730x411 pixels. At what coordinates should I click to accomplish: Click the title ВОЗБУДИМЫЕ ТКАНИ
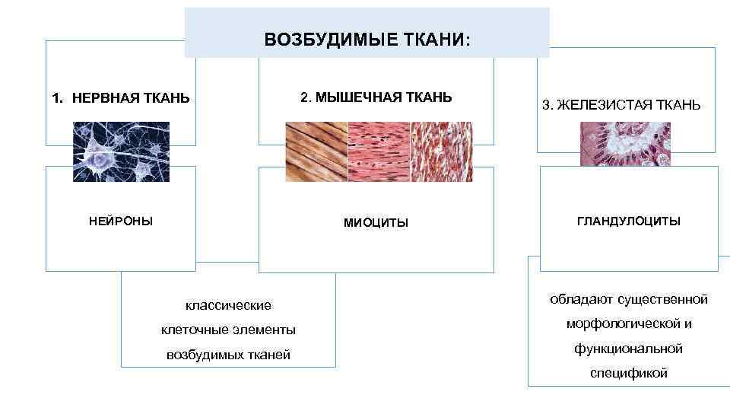(367, 39)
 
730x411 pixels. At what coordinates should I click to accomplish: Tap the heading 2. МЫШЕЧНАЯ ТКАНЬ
(376, 97)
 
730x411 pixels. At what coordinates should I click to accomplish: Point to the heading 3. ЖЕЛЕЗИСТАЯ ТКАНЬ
(621, 105)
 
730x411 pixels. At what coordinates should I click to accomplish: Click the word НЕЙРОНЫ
(121, 221)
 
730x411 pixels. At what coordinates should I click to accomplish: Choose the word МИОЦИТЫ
(376, 222)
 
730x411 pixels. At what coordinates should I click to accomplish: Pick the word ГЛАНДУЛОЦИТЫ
(629, 221)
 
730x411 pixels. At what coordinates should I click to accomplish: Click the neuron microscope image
(121, 151)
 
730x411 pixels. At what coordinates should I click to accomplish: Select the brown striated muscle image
(316, 151)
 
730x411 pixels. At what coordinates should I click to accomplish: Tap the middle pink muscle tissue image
(379, 151)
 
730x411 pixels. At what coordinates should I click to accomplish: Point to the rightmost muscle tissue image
(441, 151)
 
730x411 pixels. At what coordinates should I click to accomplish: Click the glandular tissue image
(626, 144)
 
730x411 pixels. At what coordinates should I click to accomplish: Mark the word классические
(228, 305)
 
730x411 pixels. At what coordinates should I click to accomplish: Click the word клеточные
(190, 330)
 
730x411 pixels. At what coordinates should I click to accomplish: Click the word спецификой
(629, 373)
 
